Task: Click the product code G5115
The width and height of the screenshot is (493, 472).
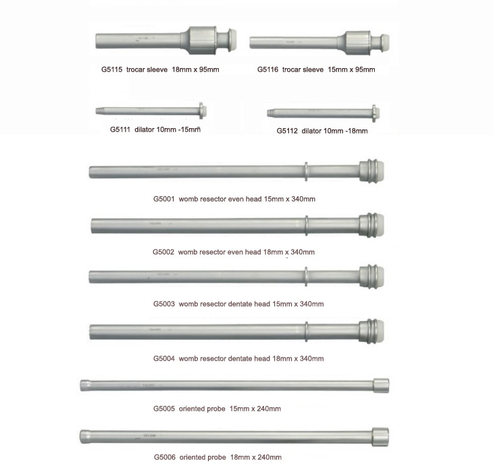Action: (x=111, y=69)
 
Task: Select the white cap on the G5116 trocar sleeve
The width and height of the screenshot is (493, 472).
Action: (x=386, y=42)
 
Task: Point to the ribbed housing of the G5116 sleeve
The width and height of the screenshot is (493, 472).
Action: (x=358, y=42)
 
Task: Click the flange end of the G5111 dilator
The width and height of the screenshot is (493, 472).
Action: (x=202, y=111)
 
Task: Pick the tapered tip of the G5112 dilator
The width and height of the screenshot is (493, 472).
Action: (x=270, y=113)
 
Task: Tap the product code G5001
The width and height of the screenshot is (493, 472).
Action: (x=164, y=199)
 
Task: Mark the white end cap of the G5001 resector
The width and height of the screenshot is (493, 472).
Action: (x=380, y=171)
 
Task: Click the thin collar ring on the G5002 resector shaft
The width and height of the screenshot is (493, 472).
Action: (x=307, y=225)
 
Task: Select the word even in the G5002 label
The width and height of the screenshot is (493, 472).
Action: (x=234, y=252)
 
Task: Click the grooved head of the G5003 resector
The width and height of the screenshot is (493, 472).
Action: (x=368, y=276)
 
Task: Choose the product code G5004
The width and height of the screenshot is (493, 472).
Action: (x=164, y=359)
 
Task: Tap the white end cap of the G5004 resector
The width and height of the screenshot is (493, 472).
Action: (x=380, y=331)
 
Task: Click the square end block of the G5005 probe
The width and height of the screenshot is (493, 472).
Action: (x=382, y=386)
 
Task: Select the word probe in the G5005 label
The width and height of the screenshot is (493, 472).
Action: (x=215, y=409)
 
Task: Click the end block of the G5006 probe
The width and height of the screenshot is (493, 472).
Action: (x=380, y=436)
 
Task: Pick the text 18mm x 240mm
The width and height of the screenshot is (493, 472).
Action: (x=256, y=457)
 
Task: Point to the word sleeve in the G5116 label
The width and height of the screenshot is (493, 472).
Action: (x=313, y=69)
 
